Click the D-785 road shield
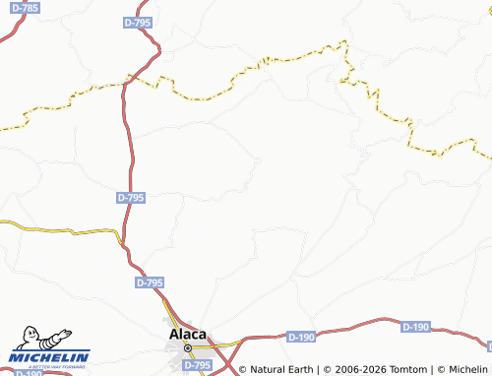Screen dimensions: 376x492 pos(28,8)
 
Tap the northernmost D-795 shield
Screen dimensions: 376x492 pos(138,21)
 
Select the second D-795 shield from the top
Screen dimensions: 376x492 pos(129,198)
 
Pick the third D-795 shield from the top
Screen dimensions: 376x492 pos(150,282)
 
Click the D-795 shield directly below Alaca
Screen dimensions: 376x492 pos(197,365)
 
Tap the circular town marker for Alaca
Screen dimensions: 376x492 pos(187,347)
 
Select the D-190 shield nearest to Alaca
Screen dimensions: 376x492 pos(301,338)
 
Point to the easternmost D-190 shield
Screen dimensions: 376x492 pos(416,326)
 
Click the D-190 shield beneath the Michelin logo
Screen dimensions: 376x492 pos(29,373)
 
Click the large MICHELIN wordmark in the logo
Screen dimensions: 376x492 pos(49,357)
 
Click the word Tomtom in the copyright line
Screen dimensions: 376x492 pos(406,370)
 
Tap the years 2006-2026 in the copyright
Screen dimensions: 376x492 pos(354,370)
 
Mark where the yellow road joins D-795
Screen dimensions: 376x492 pos(120,234)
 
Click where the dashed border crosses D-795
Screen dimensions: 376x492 pos(128,82)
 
